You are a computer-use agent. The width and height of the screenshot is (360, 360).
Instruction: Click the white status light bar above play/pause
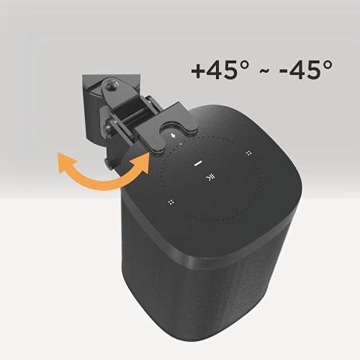click(x=197, y=164)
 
